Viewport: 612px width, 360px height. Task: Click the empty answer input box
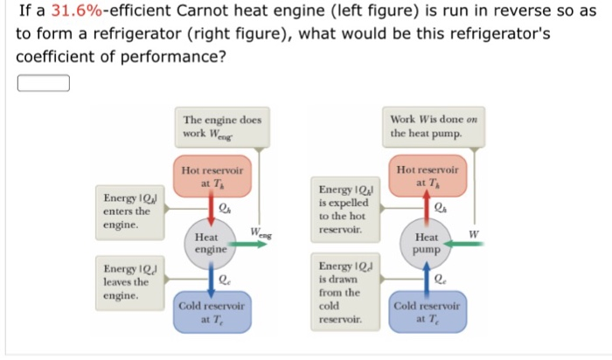(43, 83)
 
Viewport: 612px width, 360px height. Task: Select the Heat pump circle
(427, 243)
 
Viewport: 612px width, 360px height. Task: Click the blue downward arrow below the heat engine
(212, 280)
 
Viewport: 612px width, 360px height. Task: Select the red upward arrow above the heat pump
(427, 208)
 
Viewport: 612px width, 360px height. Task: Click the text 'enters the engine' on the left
(127, 218)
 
